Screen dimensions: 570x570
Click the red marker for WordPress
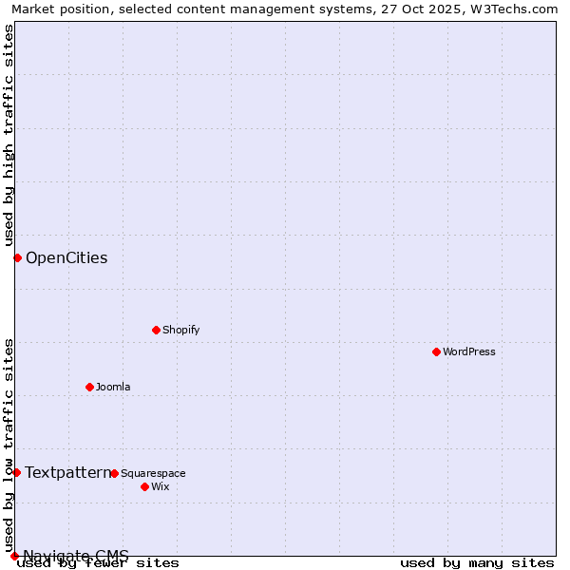point(436,351)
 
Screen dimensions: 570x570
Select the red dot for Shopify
point(156,330)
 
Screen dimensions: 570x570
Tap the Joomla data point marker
point(89,387)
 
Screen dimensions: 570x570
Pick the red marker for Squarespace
point(114,473)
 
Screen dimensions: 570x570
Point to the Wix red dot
point(144,486)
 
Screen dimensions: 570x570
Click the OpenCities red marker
point(17,257)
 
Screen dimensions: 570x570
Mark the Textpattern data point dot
point(16,472)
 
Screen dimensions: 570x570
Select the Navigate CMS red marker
point(14,556)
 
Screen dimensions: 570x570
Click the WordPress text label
point(469,351)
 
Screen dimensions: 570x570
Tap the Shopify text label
point(180,330)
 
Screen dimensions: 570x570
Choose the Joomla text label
point(113,387)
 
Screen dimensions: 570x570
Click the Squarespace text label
point(153,473)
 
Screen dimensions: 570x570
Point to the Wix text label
point(161,486)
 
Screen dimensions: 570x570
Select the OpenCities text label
point(66,257)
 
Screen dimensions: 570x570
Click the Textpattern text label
point(67,472)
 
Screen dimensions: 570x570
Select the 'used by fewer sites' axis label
point(99,562)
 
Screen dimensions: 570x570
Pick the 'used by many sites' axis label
point(477,562)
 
